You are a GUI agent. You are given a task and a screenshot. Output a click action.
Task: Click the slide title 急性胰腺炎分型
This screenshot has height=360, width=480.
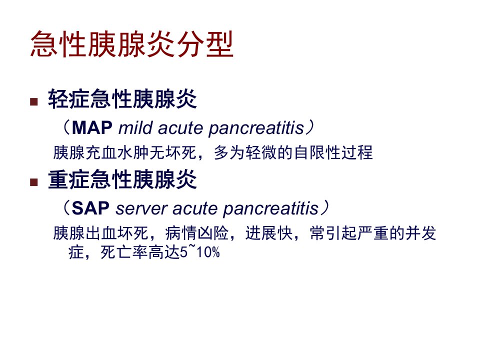tap(132, 44)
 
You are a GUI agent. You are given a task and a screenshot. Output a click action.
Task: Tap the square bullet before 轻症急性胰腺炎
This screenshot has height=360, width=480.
tap(34, 101)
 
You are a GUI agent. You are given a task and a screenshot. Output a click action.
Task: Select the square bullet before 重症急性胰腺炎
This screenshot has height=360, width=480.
tap(34, 182)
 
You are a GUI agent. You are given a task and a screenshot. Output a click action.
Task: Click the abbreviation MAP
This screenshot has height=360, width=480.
tap(92, 127)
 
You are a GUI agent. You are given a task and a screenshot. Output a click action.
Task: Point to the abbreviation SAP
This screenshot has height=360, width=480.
tap(90, 208)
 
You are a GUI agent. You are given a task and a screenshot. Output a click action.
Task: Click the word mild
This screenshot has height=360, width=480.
tap(135, 127)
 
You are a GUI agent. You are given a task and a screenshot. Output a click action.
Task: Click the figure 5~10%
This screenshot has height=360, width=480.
tap(200, 252)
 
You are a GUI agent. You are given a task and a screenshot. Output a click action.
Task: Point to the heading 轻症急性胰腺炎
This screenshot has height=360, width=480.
tap(122, 99)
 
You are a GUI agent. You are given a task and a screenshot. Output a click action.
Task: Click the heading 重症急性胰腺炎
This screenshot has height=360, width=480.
tap(122, 179)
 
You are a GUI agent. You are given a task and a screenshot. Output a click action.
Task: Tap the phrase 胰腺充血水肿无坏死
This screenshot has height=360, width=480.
tap(124, 152)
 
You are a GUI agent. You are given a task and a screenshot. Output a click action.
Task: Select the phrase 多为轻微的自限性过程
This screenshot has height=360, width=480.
tap(293, 152)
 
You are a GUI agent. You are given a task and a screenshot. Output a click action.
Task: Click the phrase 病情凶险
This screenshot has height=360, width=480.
tap(197, 233)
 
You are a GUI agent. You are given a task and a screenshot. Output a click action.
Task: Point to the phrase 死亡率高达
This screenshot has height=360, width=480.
tap(140, 252)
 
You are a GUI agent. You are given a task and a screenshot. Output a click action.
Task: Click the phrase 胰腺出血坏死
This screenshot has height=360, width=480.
tap(100, 233)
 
